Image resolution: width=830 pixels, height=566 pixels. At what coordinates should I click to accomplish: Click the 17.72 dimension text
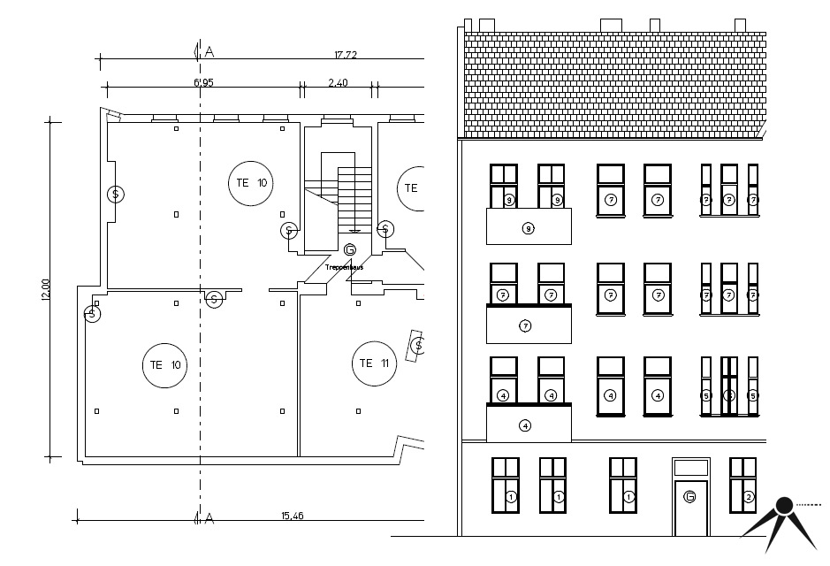click(346, 55)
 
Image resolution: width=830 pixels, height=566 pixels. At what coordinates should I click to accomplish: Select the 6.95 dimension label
click(203, 83)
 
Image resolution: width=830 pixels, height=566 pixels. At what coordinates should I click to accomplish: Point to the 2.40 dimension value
click(339, 83)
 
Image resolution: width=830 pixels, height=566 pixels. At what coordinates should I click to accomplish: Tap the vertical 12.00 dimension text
click(46, 289)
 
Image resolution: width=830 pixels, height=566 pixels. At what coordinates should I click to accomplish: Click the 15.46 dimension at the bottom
click(293, 516)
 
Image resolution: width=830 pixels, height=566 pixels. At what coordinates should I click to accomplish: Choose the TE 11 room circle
click(375, 363)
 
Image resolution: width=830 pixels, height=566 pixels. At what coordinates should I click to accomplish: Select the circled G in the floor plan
click(350, 249)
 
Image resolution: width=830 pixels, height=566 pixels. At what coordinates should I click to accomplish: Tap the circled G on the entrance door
click(689, 498)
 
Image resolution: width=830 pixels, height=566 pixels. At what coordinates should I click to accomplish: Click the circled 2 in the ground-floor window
click(748, 497)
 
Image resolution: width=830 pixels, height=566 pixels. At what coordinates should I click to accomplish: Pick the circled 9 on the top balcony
click(528, 229)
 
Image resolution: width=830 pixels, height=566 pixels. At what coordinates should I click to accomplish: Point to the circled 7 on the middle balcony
click(525, 326)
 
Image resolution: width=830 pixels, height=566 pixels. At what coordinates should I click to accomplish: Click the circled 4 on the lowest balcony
click(525, 425)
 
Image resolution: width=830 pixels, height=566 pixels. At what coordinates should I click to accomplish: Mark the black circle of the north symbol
click(783, 507)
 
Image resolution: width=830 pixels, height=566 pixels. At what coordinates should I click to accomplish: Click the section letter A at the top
click(209, 51)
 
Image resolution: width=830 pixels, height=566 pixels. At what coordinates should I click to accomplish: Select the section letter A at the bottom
click(209, 518)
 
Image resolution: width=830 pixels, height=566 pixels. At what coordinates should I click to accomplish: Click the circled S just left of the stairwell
click(288, 231)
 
